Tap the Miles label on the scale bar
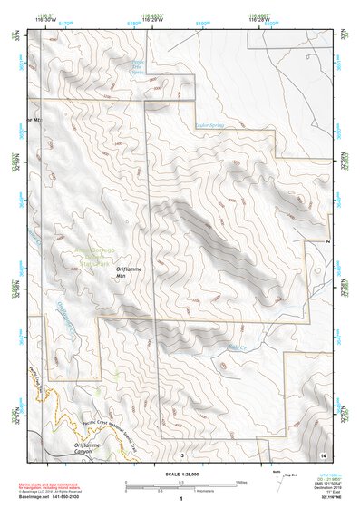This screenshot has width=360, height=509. coord(241,482)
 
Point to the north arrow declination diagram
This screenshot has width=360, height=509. coord(278,480)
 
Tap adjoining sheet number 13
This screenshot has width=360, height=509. coord(180,454)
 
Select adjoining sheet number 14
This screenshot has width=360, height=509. coord(322,454)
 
